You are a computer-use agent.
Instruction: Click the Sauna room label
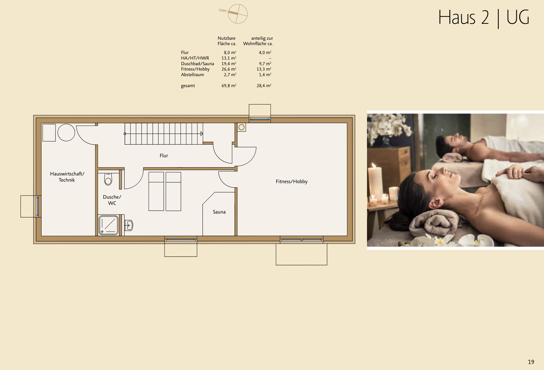click(219, 212)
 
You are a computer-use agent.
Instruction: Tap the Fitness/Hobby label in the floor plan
click(291, 182)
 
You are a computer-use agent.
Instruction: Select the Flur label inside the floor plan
click(163, 156)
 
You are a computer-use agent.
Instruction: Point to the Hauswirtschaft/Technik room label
click(67, 177)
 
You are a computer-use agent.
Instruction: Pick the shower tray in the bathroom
click(108, 225)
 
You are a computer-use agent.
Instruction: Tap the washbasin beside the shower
click(129, 226)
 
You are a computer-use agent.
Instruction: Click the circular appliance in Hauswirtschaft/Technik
click(66, 132)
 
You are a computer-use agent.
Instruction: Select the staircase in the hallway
click(164, 134)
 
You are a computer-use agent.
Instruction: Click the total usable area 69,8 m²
click(229, 86)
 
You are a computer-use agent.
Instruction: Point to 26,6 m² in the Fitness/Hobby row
click(229, 69)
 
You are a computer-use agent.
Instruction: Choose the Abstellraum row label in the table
click(192, 75)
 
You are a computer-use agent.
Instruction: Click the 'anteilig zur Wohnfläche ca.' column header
click(258, 41)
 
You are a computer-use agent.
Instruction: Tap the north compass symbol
click(237, 14)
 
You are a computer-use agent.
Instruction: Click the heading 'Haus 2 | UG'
click(483, 18)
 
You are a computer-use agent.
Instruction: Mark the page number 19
click(531, 362)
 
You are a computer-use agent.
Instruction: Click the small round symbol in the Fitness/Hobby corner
click(241, 127)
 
